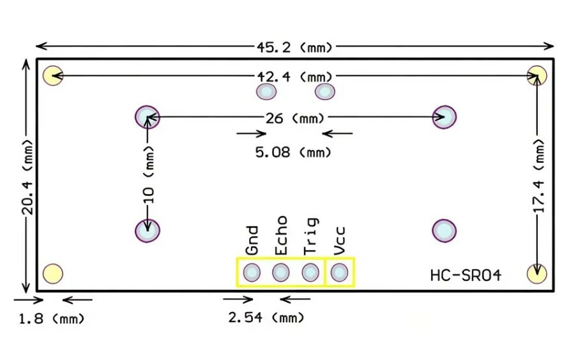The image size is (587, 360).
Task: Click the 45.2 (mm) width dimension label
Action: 294,47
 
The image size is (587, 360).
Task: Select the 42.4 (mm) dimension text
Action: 294,77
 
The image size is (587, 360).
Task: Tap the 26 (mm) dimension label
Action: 294,119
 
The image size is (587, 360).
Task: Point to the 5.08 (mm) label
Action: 293,153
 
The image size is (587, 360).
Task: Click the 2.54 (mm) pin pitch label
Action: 266,318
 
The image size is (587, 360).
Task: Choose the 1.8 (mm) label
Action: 52,319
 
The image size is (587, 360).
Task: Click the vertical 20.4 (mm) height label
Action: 27,177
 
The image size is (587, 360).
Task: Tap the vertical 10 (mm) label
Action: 149,175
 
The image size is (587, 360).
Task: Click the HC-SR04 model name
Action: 466,276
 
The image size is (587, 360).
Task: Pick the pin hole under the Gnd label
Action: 252,272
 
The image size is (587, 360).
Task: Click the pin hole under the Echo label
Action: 281,272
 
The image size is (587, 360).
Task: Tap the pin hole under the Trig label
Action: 310,272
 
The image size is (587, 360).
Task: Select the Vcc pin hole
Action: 340,272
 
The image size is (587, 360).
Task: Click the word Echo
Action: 281,236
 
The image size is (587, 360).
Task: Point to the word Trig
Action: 310,236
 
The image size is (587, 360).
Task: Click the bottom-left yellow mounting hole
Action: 53,274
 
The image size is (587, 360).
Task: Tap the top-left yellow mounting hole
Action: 53,75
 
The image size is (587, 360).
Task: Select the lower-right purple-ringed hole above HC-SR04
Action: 445,231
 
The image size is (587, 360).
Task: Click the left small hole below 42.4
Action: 266,91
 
